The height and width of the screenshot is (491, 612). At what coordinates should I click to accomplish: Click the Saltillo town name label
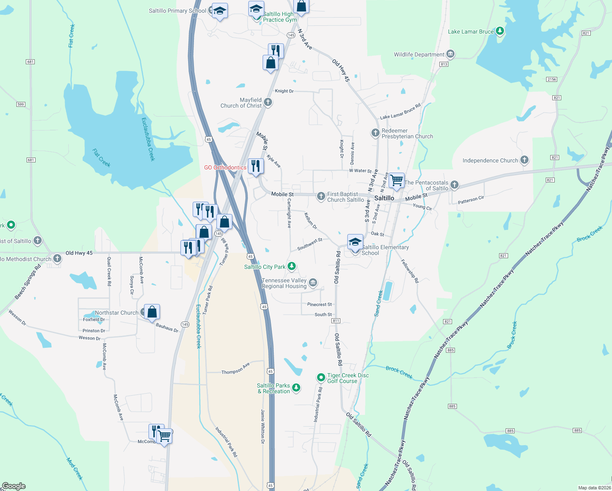coord(384,198)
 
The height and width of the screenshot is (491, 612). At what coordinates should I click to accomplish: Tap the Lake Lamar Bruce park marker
coord(500,31)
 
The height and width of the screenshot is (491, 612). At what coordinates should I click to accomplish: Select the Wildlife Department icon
coord(450,54)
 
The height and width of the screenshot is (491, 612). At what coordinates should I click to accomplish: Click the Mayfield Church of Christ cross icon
coord(268,102)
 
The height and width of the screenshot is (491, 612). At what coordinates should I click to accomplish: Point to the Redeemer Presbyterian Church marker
coord(376,133)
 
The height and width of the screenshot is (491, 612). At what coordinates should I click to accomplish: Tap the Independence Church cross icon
coord(524,160)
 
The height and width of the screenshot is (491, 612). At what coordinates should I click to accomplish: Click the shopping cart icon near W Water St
coord(396,180)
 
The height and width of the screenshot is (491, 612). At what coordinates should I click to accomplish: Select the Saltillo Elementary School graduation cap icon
coord(355,242)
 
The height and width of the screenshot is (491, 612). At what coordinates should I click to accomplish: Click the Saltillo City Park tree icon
coord(291,267)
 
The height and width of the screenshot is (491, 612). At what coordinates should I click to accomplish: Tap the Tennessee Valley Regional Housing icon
coord(313,282)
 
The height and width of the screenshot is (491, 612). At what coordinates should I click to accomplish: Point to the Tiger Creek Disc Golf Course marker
coord(321,377)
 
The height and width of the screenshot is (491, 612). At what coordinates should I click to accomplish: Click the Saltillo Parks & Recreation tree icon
coord(296,387)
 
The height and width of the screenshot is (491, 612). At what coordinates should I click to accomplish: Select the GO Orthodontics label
coord(225,167)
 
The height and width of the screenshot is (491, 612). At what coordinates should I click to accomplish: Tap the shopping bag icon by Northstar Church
coord(152,312)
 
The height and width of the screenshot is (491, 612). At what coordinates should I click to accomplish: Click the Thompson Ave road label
coord(235,369)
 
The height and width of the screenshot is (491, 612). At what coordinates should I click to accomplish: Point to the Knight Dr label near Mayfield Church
coord(284,91)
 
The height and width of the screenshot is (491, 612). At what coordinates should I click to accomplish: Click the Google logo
coord(13,486)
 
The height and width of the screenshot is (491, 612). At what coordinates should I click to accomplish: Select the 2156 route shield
coord(551,79)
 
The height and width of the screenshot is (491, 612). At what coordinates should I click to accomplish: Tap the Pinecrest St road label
coord(319,304)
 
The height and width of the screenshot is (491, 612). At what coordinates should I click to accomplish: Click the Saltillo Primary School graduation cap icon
coord(220,11)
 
